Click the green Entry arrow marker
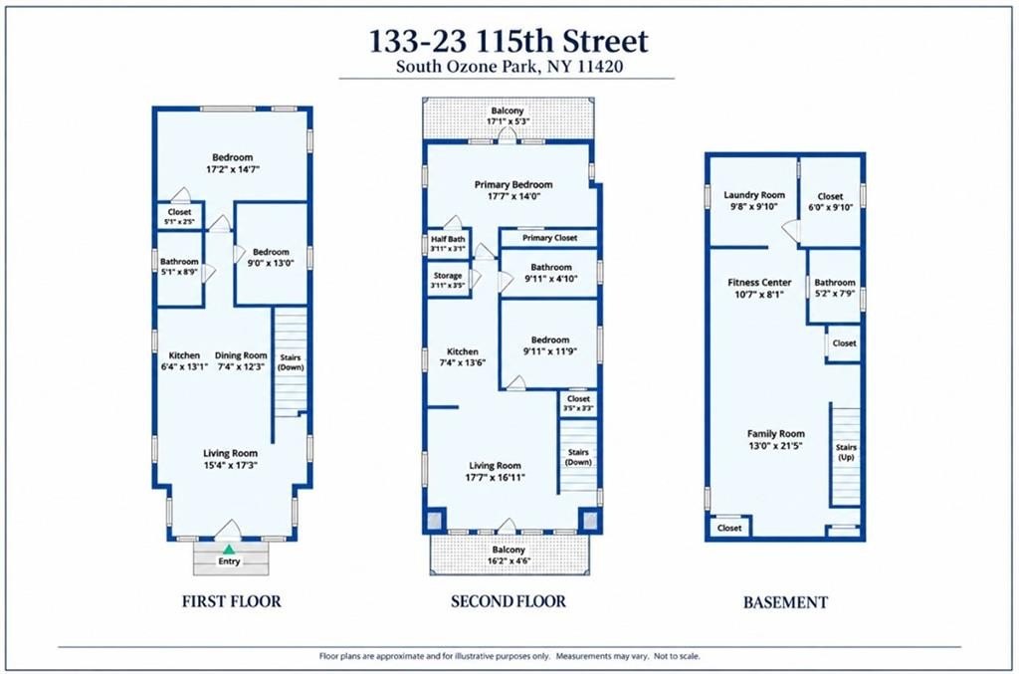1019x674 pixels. point(229,550)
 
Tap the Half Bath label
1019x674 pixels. point(448,239)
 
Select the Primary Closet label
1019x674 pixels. point(549,238)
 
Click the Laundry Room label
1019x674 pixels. point(754,195)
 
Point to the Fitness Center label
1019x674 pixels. point(759,283)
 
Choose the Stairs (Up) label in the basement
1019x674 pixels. point(846,452)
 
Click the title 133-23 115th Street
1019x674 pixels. point(509,41)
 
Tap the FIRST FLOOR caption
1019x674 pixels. point(231,601)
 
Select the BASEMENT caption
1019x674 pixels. point(785,602)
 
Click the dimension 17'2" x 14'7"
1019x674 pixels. point(233,169)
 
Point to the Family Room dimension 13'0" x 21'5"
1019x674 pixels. point(775,446)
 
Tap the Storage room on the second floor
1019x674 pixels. point(448,279)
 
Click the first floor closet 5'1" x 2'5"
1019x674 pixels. point(179,216)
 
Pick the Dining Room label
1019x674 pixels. point(241,355)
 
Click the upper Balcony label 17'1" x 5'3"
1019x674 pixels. point(507,116)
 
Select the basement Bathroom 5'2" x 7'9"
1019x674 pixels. point(835,288)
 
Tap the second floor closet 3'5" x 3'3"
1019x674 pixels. point(578,403)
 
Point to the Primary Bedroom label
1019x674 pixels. point(513,184)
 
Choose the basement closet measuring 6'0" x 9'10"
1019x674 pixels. point(830,201)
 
